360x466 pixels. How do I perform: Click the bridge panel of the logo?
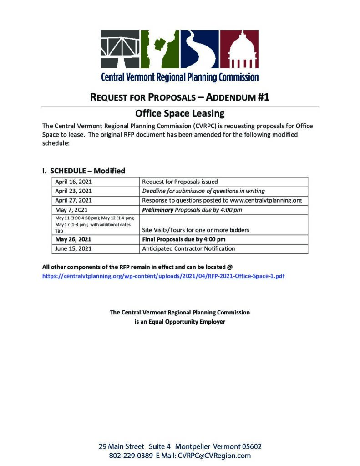pos(120,49)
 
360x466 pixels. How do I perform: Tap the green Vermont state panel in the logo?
pos(160,49)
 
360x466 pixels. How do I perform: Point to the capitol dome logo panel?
pos(239,49)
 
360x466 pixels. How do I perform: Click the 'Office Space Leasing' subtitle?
pos(180,113)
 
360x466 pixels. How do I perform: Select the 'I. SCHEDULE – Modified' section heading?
pos(83,171)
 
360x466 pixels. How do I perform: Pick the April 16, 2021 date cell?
pos(73,182)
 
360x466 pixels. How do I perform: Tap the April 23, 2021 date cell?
pos(73,191)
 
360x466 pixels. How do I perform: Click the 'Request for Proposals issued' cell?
pos(180,182)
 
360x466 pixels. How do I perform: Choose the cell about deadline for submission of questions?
pos(203,191)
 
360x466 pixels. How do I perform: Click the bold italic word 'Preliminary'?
pos(158,210)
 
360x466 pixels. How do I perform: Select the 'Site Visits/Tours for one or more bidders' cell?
pos(196,230)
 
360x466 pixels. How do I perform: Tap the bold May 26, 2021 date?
pos(73,239)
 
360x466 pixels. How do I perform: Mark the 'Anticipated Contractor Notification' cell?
pos(188,249)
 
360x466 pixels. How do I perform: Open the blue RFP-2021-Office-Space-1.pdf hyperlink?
pos(163,276)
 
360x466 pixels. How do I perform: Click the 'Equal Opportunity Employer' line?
pos(180,322)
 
